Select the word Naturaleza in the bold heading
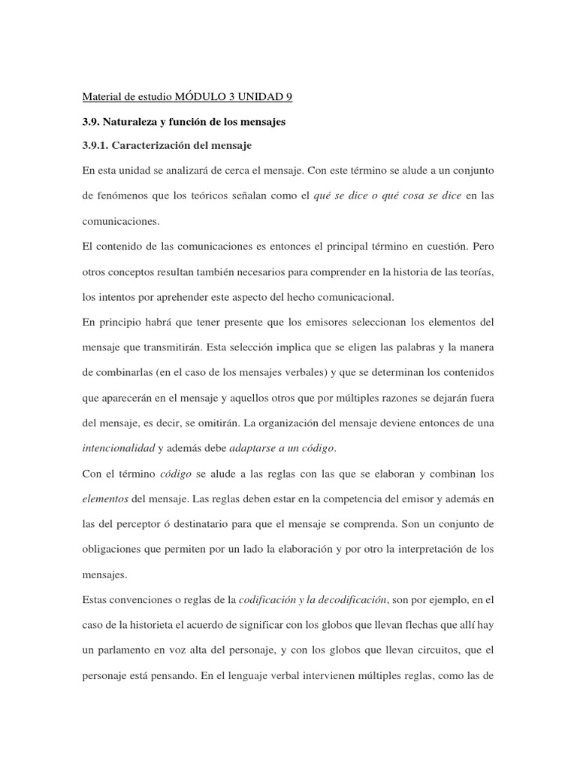tap(137, 121)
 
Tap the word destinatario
tap(201, 525)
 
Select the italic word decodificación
tap(347, 600)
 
